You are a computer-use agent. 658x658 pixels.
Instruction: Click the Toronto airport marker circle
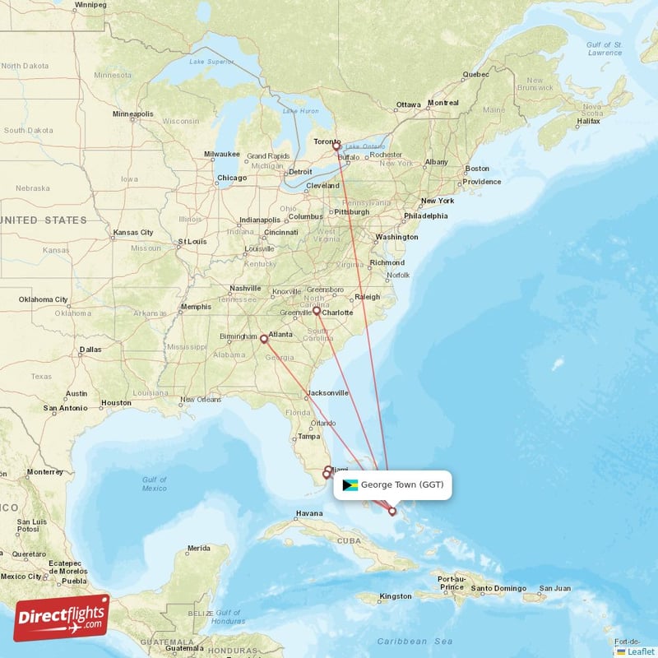tap(336, 146)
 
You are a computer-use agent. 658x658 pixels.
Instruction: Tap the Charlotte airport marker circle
tap(317, 311)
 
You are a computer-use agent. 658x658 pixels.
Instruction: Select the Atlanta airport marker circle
tap(263, 338)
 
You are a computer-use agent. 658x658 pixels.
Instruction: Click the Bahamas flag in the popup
tap(350, 485)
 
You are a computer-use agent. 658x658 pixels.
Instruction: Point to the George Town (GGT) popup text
tap(402, 485)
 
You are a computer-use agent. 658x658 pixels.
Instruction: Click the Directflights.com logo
tap(62, 617)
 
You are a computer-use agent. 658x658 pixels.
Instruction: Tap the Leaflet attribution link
tap(640, 651)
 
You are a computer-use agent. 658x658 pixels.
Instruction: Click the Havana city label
tap(309, 514)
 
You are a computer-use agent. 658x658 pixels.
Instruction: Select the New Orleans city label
tap(201, 400)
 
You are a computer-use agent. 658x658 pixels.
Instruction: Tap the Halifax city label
tap(588, 121)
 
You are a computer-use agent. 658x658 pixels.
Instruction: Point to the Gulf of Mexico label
tap(154, 484)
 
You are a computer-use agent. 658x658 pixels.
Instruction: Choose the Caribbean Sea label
tap(415, 641)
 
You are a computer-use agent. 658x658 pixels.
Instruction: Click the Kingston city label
tap(395, 596)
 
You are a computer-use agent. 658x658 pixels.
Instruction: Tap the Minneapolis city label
tap(133, 114)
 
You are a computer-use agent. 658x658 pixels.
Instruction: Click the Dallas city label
tap(90, 350)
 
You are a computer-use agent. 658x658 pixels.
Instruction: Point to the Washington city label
tap(396, 237)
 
